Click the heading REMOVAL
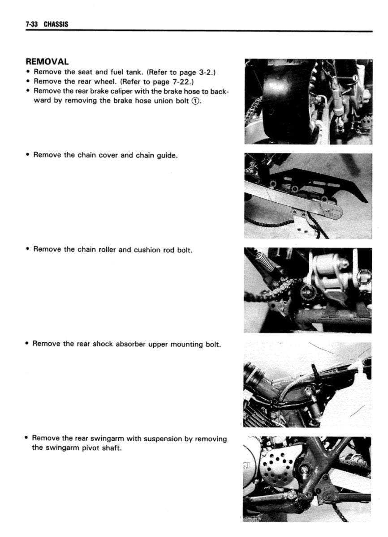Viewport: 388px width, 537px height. pyautogui.click(x=47, y=62)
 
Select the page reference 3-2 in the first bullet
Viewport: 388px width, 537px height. pyautogui.click(x=206, y=72)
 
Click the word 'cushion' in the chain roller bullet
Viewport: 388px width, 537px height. pyautogui.click(x=132, y=250)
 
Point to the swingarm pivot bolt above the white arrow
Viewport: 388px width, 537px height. pyautogui.click(x=306, y=469)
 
